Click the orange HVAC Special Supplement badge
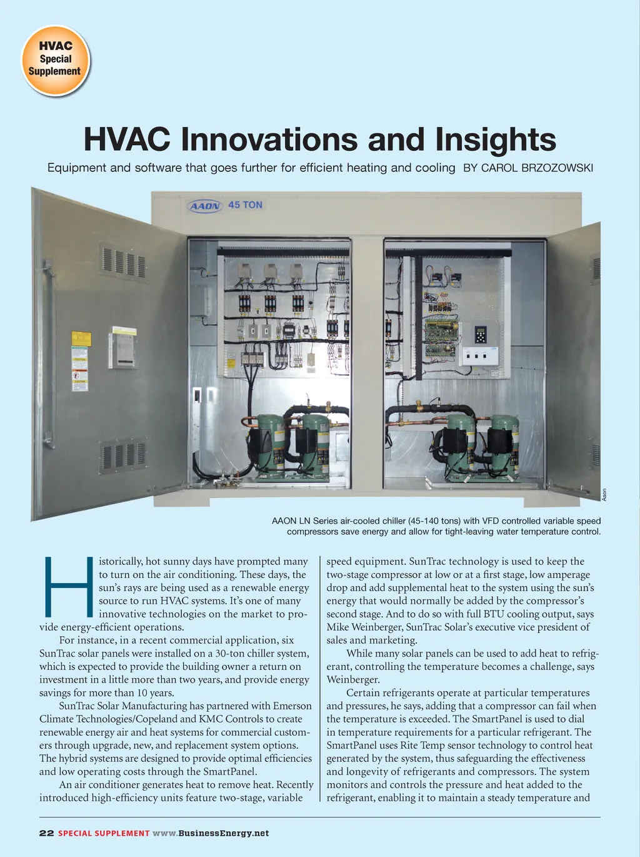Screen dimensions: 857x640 [56, 60]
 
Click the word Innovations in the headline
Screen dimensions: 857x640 [269, 139]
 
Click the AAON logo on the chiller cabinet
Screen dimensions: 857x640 [205, 206]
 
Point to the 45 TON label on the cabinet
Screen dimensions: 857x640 [245, 205]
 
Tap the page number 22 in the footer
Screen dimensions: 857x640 [46, 833]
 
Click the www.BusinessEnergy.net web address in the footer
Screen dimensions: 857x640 [211, 833]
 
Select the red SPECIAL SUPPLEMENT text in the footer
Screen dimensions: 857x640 [104, 833]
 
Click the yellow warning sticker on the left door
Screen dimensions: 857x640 [82, 339]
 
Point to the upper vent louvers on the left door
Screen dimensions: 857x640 [124, 261]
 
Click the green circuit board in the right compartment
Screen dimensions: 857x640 [441, 337]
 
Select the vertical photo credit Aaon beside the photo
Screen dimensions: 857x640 [604, 494]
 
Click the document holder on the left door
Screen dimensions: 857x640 [124, 346]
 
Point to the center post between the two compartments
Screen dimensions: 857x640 [367, 363]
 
